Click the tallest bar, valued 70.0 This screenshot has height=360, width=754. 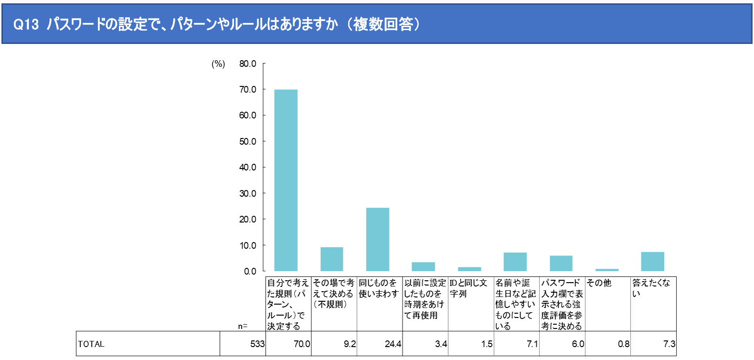click(286, 180)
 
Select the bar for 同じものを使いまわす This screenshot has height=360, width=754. click(377, 239)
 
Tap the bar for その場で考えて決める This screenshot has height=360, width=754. click(331, 259)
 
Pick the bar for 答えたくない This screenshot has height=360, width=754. click(652, 262)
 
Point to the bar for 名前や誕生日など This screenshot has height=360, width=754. click(515, 262)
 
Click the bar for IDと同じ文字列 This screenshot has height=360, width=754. click(469, 269)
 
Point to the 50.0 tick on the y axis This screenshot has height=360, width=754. click(247, 141)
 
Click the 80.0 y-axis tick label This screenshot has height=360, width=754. click(247, 64)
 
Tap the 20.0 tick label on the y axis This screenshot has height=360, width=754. click(247, 219)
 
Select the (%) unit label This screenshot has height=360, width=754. click(218, 64)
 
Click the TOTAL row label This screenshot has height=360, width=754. click(91, 344)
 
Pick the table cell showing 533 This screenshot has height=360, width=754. click(257, 344)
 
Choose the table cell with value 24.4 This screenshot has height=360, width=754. click(393, 344)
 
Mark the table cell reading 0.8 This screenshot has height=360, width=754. click(623, 344)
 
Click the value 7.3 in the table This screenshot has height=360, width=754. click(669, 344)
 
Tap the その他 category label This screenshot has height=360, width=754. click(599, 283)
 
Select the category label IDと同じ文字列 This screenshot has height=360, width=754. click(468, 288)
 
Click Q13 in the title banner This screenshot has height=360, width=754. click(26, 24)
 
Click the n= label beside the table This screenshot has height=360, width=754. click(243, 326)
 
